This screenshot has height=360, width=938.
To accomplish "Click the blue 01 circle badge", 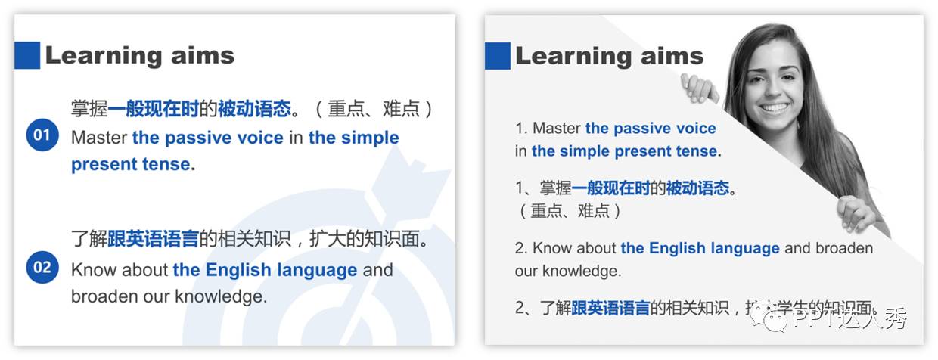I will tap(42, 135).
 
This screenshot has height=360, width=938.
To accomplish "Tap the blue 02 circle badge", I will tap(42, 268).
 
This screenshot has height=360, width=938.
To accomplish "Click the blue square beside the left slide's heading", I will tap(27, 55).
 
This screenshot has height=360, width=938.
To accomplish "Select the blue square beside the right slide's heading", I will tap(498, 55).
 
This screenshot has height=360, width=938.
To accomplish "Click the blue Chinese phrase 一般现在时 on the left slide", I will tap(153, 109).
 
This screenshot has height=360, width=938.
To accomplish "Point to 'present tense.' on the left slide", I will tap(133, 164).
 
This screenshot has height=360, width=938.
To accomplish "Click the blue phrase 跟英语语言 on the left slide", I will tap(153, 241).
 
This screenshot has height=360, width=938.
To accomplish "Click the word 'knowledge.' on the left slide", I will tap(221, 296).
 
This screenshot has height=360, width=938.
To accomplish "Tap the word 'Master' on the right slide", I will tap(557, 129).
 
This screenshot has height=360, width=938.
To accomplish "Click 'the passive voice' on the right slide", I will tap(651, 129).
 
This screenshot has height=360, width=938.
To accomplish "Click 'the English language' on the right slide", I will tap(700, 248).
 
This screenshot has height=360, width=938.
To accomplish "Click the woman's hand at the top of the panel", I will tap(698, 88).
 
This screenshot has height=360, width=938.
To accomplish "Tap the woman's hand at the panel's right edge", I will tap(858, 213).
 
